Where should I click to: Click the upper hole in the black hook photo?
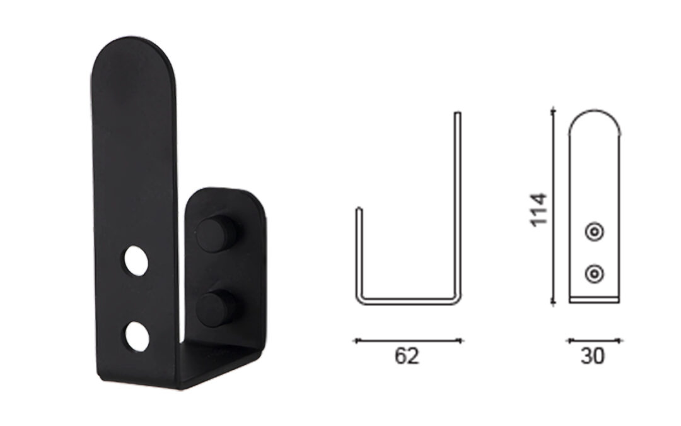136,261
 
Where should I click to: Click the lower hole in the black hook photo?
137,336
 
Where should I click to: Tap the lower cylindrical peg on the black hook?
216,309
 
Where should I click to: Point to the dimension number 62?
407,357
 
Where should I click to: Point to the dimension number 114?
538,210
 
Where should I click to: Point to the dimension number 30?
592,357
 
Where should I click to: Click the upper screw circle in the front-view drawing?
594,232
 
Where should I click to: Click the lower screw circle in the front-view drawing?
594,275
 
